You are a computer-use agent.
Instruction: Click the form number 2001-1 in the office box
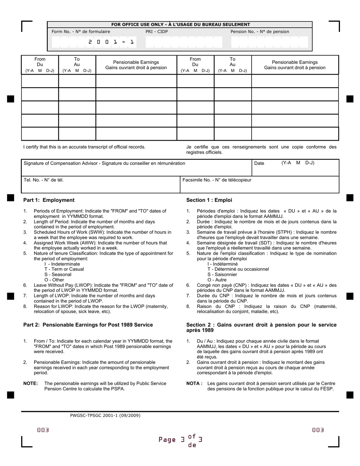click(111, 42)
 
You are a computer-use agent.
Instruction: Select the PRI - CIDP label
click(157, 32)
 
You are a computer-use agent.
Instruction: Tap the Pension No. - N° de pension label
click(260, 32)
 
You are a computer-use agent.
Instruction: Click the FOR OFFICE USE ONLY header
click(180, 25)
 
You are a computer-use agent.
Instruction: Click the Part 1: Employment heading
click(49, 200)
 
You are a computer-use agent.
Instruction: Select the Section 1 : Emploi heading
click(209, 200)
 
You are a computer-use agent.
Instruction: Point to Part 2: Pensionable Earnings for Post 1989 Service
click(88, 325)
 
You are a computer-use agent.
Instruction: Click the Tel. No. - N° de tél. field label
click(44, 180)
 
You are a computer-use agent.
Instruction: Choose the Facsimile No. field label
click(217, 180)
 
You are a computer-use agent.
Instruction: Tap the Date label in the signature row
click(259, 163)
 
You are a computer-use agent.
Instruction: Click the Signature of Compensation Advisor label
click(104, 163)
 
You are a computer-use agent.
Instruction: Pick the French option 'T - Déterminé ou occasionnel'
click(238, 269)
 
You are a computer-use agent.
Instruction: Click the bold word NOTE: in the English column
click(30, 383)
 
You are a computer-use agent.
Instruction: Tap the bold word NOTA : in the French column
click(194, 383)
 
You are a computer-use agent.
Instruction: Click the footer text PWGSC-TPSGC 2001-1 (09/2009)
click(105, 415)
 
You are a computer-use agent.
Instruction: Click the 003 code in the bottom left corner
click(43, 430)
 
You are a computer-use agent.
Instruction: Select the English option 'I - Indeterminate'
click(62, 264)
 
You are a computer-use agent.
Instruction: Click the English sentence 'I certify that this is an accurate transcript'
click(84, 147)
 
